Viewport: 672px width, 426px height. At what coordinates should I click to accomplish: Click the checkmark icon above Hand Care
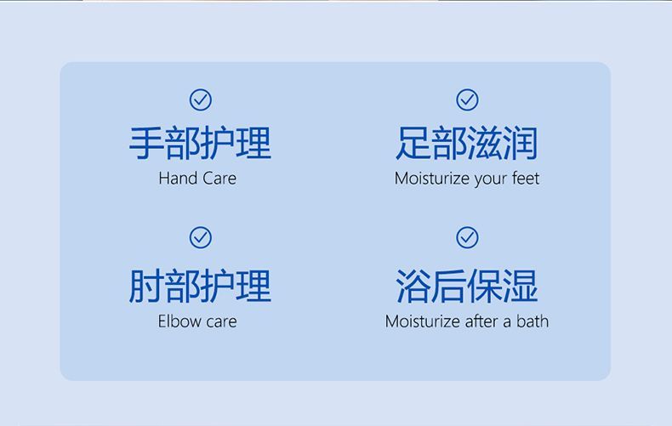click(201, 99)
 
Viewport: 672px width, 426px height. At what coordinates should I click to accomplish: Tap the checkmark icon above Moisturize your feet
click(467, 99)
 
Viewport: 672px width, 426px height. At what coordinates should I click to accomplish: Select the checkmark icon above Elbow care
click(201, 237)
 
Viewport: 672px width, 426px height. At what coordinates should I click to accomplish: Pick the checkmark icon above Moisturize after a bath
click(467, 237)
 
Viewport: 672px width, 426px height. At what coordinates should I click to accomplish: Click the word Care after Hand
click(219, 179)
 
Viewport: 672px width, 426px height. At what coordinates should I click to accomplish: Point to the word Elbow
click(176, 321)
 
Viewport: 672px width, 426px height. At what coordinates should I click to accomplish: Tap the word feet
click(526, 179)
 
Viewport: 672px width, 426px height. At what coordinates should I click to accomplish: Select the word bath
click(532, 321)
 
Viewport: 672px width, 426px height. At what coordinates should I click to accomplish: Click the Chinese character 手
click(146, 143)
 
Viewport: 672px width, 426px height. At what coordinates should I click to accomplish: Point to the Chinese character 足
click(413, 143)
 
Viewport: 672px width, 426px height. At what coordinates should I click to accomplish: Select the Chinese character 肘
click(146, 286)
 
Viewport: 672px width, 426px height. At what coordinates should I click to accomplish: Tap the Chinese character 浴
click(413, 286)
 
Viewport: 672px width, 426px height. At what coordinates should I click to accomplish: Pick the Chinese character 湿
click(521, 286)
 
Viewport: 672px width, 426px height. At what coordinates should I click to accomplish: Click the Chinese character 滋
click(485, 143)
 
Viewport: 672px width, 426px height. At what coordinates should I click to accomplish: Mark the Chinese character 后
click(449, 286)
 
